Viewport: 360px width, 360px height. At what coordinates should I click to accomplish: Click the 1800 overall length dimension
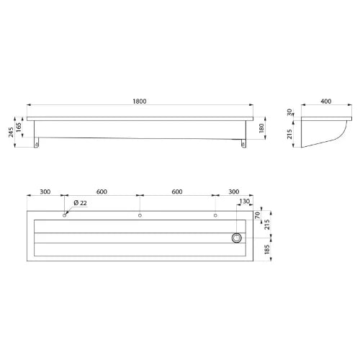click(140, 102)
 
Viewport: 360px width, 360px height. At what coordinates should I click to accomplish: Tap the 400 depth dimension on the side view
click(325, 102)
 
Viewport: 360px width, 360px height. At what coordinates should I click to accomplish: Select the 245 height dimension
click(11, 132)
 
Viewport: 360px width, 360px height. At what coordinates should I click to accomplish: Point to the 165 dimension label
click(19, 127)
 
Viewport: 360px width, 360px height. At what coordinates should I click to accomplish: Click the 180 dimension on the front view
click(261, 128)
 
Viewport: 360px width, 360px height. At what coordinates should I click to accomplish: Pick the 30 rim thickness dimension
click(289, 112)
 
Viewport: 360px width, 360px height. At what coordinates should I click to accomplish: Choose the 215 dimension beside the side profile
click(289, 134)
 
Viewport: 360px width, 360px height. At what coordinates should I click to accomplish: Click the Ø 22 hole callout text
click(80, 203)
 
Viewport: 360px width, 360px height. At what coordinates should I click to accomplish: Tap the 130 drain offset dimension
click(245, 201)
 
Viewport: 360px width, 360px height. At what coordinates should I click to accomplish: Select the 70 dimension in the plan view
click(257, 215)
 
